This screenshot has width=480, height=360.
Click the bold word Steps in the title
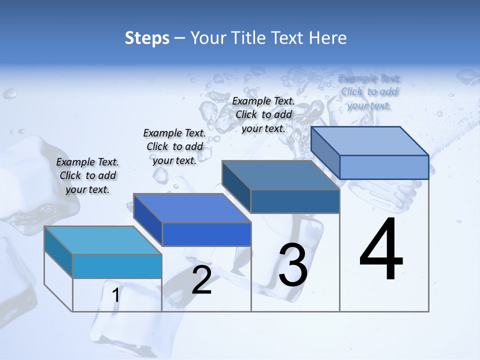tap(147, 38)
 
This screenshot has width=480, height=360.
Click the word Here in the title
tap(328, 38)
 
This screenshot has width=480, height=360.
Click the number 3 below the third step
tap(293, 265)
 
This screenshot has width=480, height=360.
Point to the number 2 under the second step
tap(201, 280)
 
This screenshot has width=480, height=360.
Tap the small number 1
tap(116, 295)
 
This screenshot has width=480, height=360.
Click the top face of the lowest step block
tap(103, 240)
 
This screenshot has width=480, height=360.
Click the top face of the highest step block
tap(370, 141)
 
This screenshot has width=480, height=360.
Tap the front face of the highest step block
tap(384, 167)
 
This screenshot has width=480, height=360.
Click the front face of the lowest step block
tap(117, 266)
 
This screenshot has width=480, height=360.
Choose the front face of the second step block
tap(206, 234)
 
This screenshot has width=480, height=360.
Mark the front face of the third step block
tap(295, 201)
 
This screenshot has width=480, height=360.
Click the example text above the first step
tap(87, 175)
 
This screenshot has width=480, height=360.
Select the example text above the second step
tap(174, 146)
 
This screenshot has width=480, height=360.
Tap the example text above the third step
tap(263, 114)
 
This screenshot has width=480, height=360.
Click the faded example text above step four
tap(369, 91)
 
